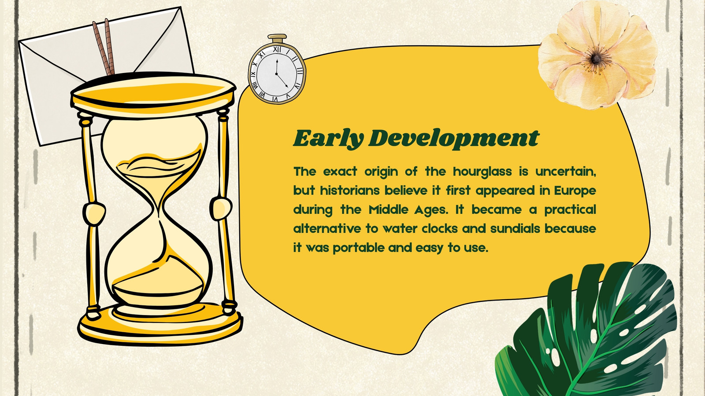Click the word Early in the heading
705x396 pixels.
point(329,138)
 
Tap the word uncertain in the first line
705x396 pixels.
point(566,172)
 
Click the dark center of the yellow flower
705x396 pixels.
point(595,58)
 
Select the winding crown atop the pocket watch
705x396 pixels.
point(277,38)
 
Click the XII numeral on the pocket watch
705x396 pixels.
point(277,49)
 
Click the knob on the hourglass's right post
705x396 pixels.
point(221,208)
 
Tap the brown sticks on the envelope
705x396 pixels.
point(104,47)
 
